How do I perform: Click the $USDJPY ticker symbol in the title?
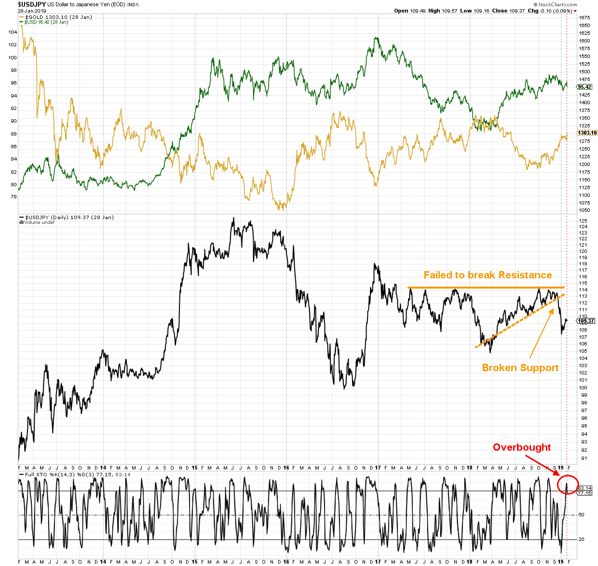(x=32, y=4)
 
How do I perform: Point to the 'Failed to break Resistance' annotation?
(x=488, y=275)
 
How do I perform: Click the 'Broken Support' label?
(x=520, y=368)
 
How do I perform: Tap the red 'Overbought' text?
(x=521, y=447)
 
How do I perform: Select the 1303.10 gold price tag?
(x=587, y=133)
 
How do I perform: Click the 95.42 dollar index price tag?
(x=584, y=87)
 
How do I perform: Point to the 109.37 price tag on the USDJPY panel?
(x=585, y=321)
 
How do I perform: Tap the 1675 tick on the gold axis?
(x=584, y=18)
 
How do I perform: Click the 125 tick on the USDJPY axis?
(x=583, y=221)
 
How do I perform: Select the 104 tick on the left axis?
(x=13, y=32)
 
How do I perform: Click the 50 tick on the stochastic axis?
(x=582, y=515)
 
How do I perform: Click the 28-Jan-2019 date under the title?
(x=32, y=11)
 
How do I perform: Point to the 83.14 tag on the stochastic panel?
(x=584, y=488)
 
